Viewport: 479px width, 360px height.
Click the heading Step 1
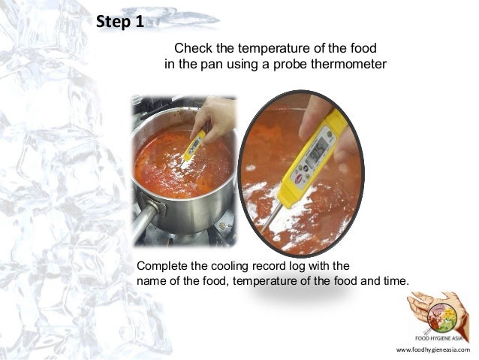coord(120,22)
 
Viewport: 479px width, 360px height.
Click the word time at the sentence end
coord(395,281)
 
